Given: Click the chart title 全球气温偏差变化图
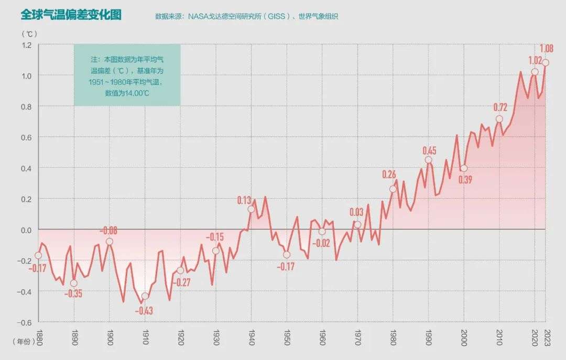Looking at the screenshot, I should click(71, 15).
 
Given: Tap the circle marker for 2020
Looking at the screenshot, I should click(535, 72).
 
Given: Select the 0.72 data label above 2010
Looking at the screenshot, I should click(500, 107).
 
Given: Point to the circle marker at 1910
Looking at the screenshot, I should click(145, 296).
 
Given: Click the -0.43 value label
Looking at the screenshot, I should click(144, 311).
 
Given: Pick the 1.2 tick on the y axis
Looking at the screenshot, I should click(27, 45).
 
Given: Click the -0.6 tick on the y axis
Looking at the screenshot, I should click(26, 323).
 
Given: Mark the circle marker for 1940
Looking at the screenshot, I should click(251, 209).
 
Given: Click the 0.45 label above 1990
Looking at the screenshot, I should click(429, 151).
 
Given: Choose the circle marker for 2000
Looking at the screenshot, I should click(463, 168).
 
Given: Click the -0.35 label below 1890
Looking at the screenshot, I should click(73, 293).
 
